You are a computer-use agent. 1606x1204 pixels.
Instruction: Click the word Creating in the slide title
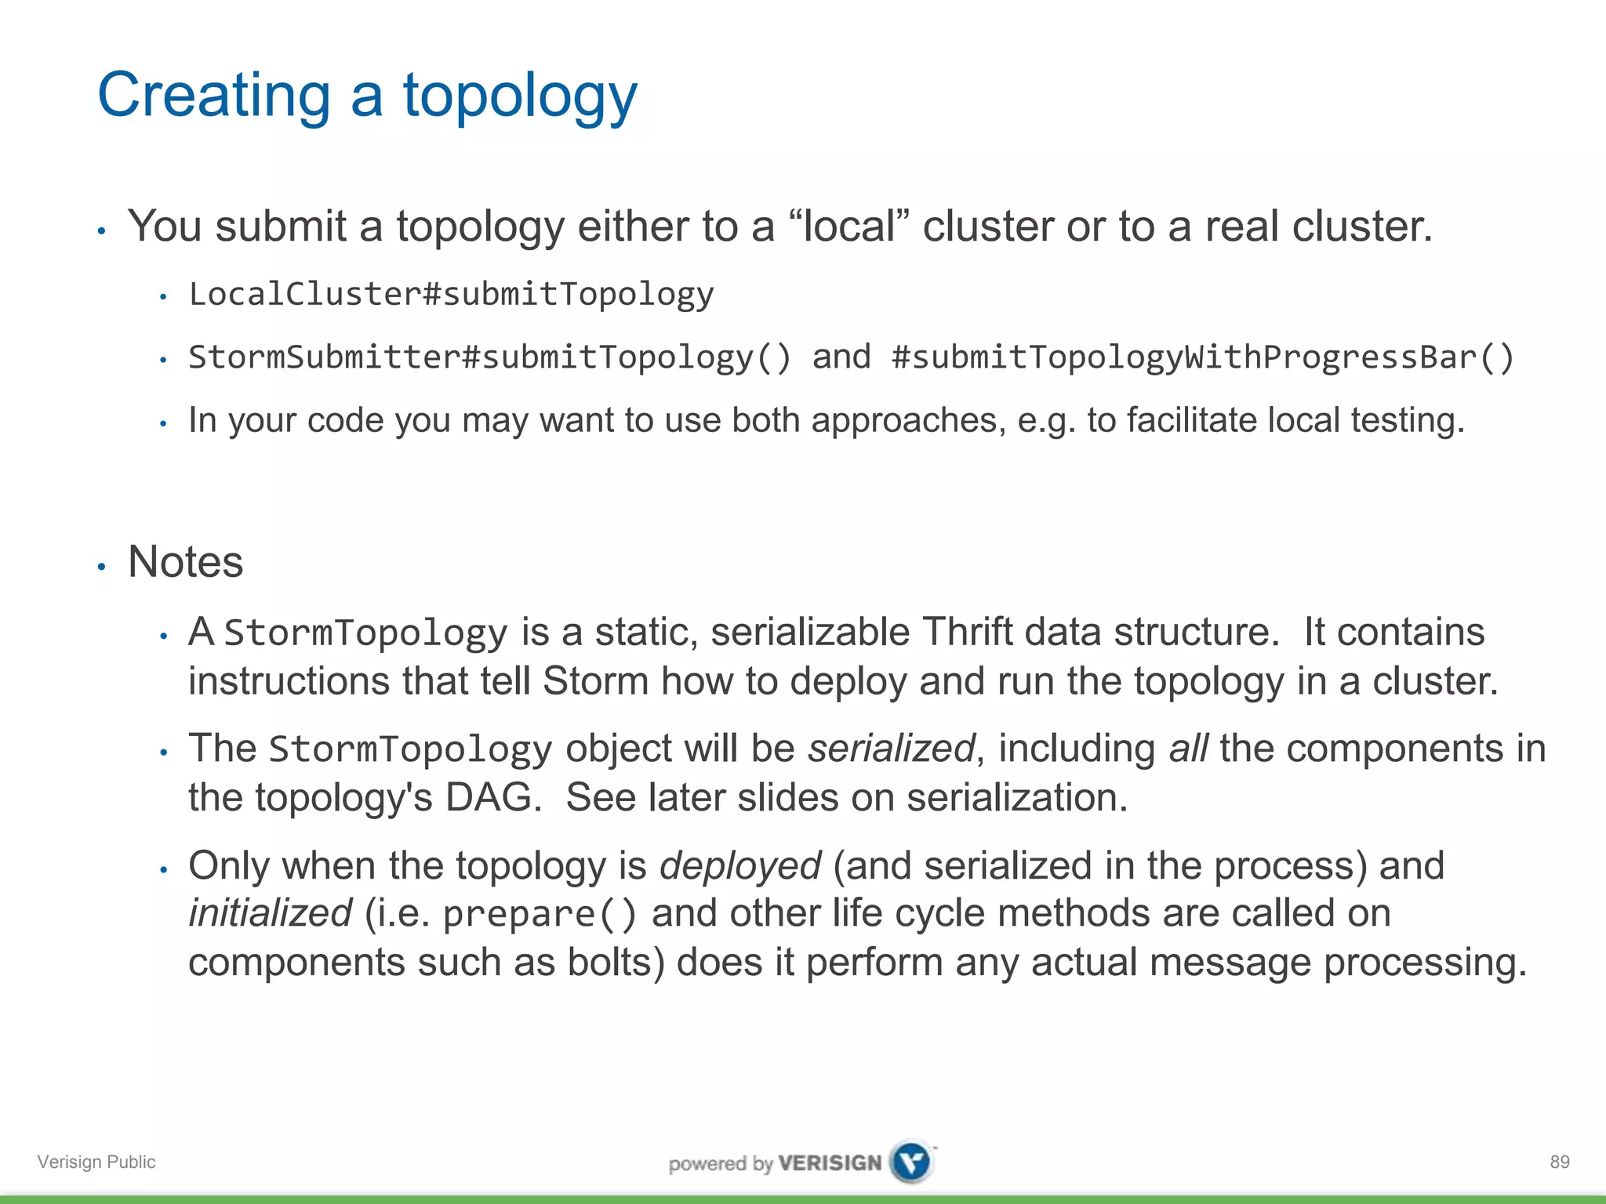tap(213, 96)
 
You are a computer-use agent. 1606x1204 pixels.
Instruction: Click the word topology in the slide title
tap(520, 96)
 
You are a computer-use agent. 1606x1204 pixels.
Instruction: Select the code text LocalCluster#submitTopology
tap(451, 295)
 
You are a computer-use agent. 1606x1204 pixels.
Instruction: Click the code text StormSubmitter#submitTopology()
tap(490, 357)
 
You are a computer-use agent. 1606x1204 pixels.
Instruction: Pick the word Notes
tap(186, 562)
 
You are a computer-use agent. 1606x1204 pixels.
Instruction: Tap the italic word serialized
tap(892, 749)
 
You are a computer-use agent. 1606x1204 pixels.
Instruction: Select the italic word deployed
tap(740, 866)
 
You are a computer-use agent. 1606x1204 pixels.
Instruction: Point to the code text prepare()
tap(540, 915)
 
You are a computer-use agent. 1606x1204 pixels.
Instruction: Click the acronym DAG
tap(492, 798)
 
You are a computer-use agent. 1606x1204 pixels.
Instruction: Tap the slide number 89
tap(1559, 1162)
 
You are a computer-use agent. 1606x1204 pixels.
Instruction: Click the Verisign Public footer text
tap(96, 1162)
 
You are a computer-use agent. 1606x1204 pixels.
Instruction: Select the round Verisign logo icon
tap(912, 1161)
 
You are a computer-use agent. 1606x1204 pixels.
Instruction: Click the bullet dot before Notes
tap(101, 566)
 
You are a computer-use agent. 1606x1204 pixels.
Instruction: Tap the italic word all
tap(1188, 749)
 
